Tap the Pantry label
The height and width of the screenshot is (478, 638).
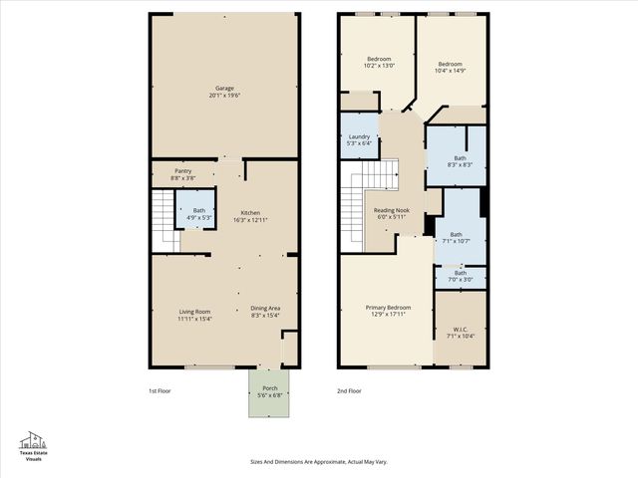coord(182,174)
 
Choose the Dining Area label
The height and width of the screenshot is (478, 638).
coord(264,313)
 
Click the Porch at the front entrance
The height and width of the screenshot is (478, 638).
coord(269,392)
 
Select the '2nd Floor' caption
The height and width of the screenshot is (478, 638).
coord(349,391)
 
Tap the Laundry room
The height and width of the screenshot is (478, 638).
coord(359,140)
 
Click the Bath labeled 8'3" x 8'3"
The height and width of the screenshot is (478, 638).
coord(459,160)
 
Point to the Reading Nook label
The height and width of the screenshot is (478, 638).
coord(392,213)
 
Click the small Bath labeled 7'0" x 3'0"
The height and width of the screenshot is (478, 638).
coord(460,276)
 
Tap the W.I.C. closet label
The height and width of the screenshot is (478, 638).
coord(461,333)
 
